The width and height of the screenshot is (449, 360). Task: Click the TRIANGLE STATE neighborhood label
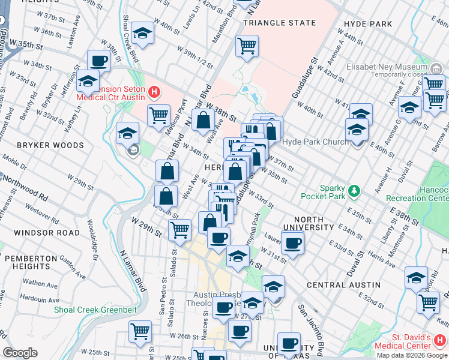pyautogui.click(x=279, y=23)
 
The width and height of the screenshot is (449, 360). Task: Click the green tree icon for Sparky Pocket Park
pyautogui.click(x=355, y=191)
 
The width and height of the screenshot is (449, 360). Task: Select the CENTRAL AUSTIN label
pyautogui.click(x=343, y=284)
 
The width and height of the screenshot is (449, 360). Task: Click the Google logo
pyautogui.click(x=20, y=353)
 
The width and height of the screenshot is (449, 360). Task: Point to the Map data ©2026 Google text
pyautogui.click(x=412, y=355)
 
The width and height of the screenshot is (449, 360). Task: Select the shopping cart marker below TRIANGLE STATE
pyautogui.click(x=247, y=45)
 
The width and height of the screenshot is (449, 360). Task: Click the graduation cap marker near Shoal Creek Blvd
pyautogui.click(x=143, y=34)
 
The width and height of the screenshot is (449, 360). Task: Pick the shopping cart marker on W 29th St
pyautogui.click(x=179, y=229)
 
